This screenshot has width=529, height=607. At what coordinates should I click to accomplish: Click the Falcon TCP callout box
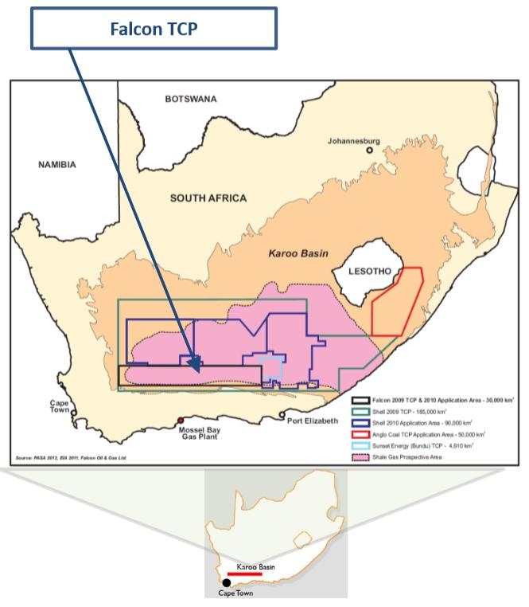pos(154,29)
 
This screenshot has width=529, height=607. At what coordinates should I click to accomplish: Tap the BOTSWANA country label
pos(191,100)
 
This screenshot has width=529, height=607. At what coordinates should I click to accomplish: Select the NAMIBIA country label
pos(57,165)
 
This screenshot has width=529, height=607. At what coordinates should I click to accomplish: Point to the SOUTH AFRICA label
pos(208,198)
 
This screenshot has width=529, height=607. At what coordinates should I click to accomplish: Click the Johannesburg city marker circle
pos(369,151)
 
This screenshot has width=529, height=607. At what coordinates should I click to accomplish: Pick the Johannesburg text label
pos(354,141)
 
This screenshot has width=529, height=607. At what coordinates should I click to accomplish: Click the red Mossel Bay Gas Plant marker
pos(181,420)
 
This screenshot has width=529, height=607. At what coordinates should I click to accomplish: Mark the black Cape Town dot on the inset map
pos(227,582)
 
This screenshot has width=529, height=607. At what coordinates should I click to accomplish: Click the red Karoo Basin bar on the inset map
pos(244,573)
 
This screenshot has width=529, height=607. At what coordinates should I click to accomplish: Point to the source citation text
pos(72,458)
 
